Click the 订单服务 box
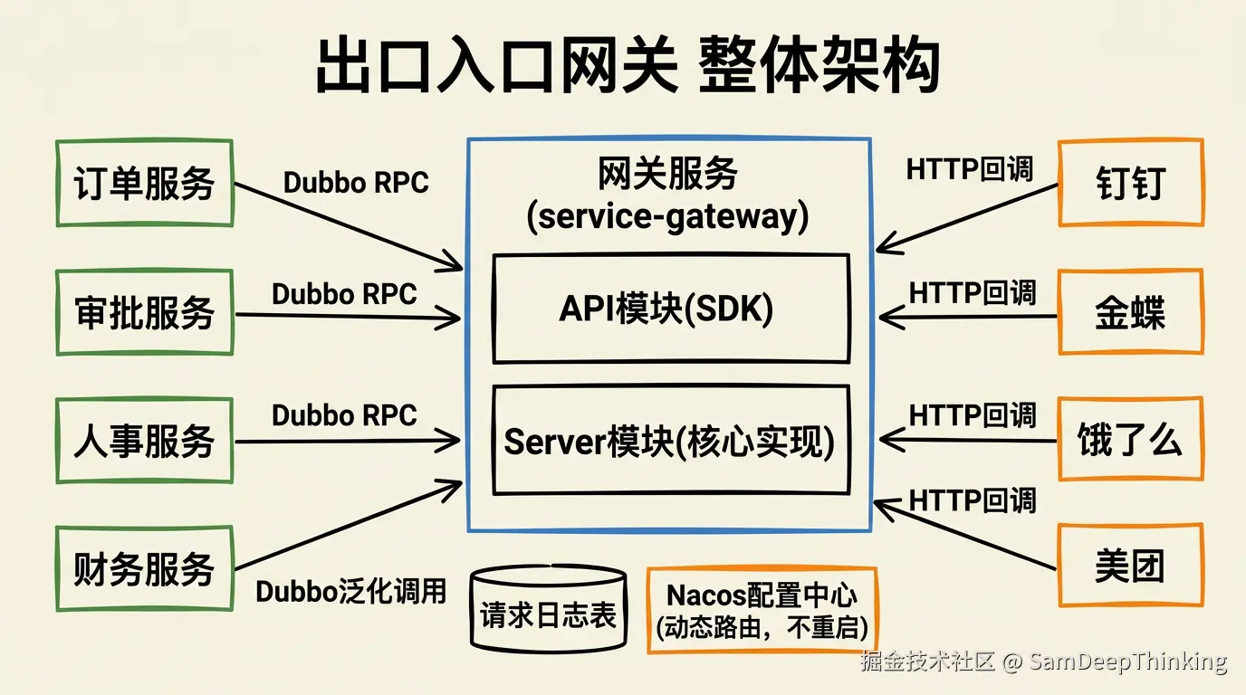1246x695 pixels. click(x=145, y=183)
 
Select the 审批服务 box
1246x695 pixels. click(x=145, y=312)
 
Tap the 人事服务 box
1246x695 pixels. click(x=145, y=442)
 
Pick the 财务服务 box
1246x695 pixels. click(x=145, y=568)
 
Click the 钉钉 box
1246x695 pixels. click(x=1130, y=183)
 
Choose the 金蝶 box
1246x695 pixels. click(x=1130, y=312)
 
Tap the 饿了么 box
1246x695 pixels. click(x=1130, y=441)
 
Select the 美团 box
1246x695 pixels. click(x=1130, y=566)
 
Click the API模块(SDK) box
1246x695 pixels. click(x=670, y=309)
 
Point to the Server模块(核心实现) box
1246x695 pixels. click(x=670, y=441)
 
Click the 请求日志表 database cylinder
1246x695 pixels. click(x=549, y=611)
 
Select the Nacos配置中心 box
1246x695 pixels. click(x=762, y=610)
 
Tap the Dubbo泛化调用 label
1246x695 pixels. click(x=351, y=592)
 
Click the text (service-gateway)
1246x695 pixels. click(x=668, y=217)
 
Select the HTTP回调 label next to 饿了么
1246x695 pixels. click(x=973, y=415)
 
